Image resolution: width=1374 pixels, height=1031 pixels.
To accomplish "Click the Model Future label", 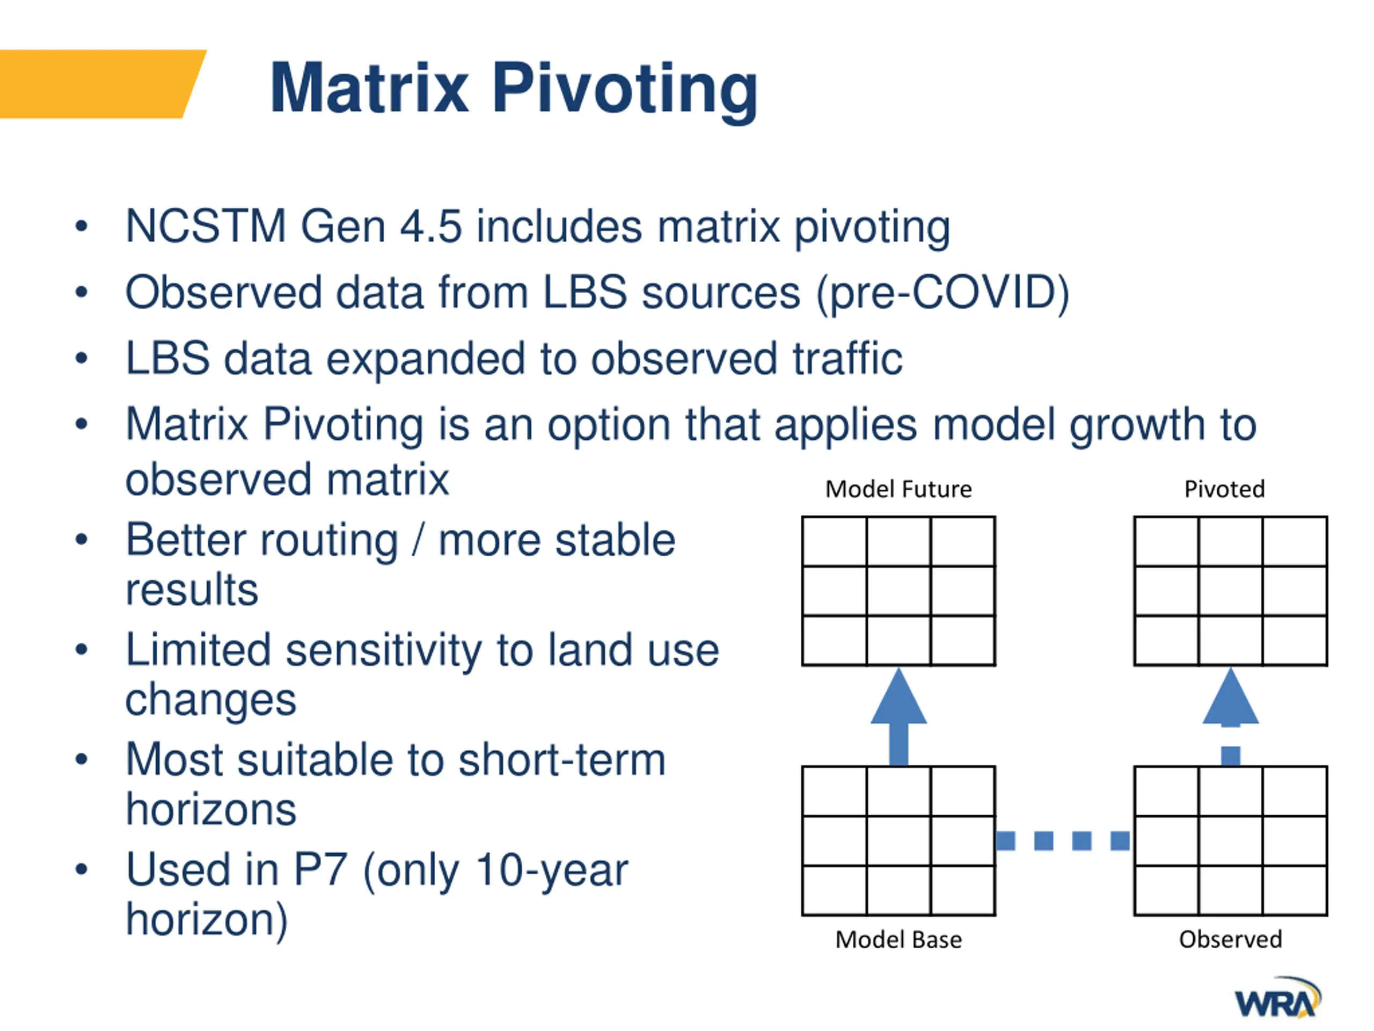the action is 898,490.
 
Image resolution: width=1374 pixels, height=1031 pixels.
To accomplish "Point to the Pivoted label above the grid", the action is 1224,490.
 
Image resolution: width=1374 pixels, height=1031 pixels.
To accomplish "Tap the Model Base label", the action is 898,940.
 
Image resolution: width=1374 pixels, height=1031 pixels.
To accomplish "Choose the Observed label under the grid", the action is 1231,940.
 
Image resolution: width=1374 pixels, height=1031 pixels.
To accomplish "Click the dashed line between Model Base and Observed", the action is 1063,841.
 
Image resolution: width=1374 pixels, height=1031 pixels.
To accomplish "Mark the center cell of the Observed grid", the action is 1231,841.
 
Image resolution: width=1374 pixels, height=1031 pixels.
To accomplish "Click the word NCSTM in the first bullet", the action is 206,226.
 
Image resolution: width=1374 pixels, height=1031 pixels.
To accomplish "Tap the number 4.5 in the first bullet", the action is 431,226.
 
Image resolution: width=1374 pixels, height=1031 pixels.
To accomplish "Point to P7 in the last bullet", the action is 320,869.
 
